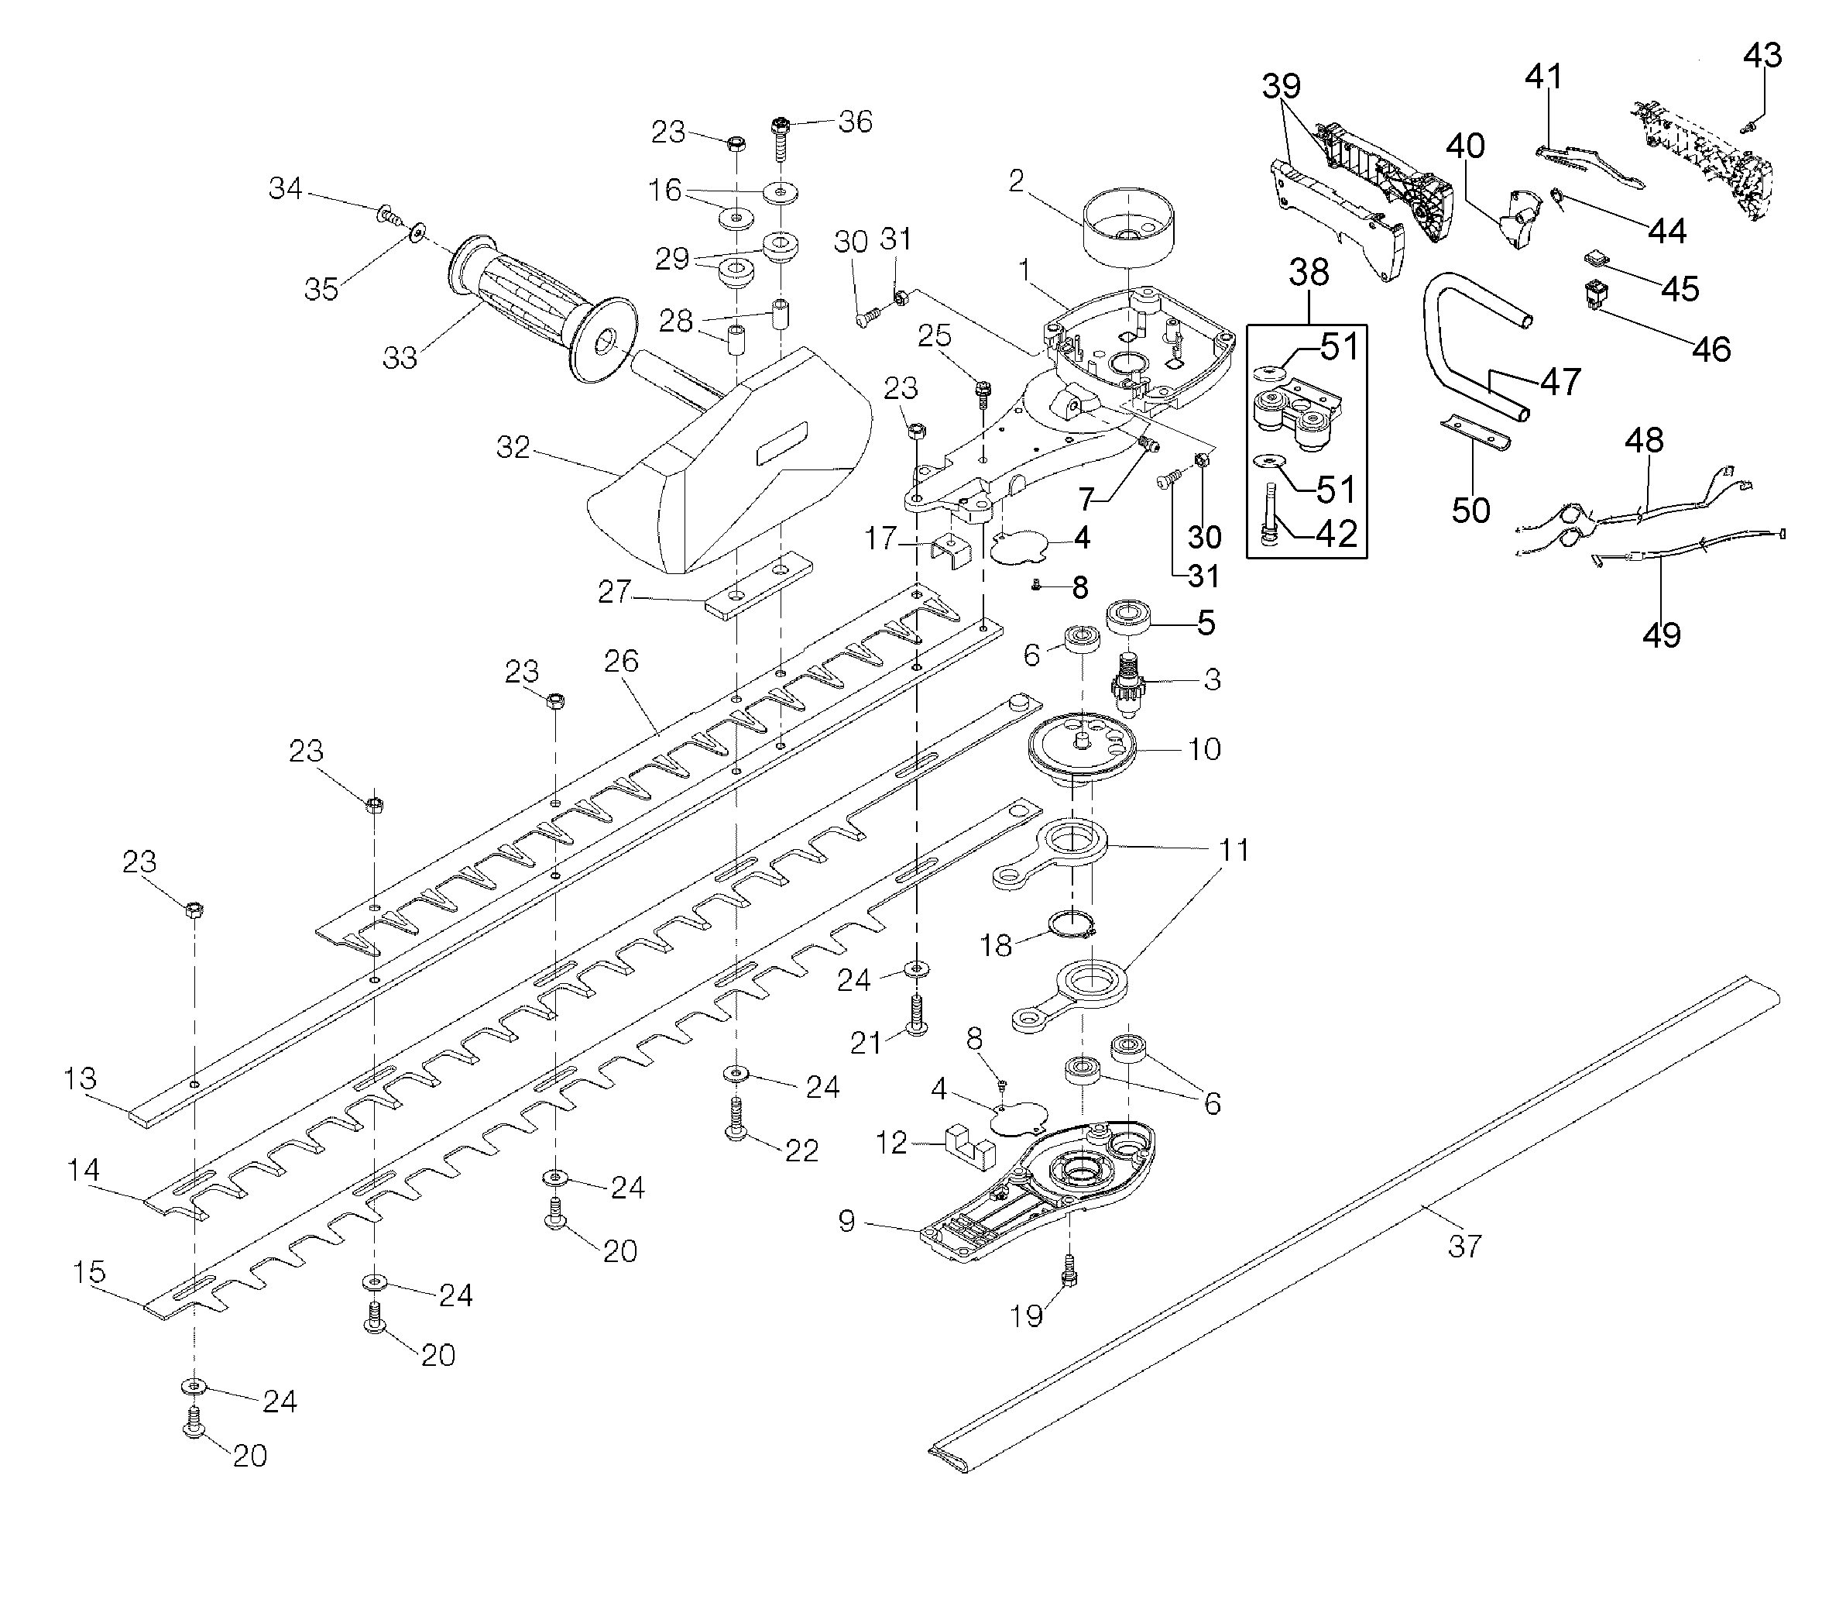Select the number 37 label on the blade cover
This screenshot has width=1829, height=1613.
click(x=1464, y=1245)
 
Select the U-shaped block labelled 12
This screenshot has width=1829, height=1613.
click(x=969, y=1147)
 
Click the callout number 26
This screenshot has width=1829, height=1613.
click(x=621, y=661)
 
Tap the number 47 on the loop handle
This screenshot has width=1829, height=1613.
click(x=1560, y=382)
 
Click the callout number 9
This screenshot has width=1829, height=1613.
click(x=846, y=1221)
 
